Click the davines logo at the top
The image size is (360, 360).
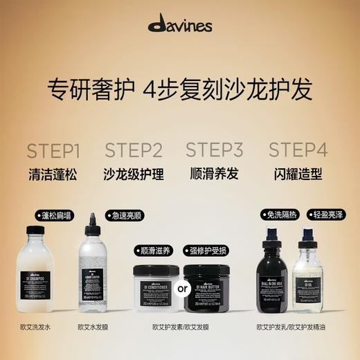pos(179,26)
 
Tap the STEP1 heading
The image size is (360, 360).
pos(53,150)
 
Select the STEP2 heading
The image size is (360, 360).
pos(134,150)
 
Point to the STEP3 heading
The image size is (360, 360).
pos(215,150)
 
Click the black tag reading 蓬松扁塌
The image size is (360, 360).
pos(51,216)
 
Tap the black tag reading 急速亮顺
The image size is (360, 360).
pos(123,216)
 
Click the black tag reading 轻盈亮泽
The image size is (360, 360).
pos(323,216)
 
